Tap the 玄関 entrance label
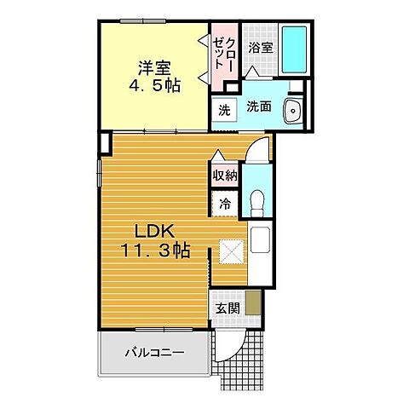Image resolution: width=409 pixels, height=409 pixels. point(226,308)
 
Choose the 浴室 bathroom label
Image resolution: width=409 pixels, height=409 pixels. point(261,49)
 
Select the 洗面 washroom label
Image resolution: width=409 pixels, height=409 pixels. point(259,108)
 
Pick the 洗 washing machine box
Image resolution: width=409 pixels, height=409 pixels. point(223,110)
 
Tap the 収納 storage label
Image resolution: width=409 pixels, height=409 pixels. point(224,176)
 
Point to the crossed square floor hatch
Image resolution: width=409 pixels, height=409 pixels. point(231,253)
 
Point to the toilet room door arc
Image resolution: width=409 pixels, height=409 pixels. point(259,153)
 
